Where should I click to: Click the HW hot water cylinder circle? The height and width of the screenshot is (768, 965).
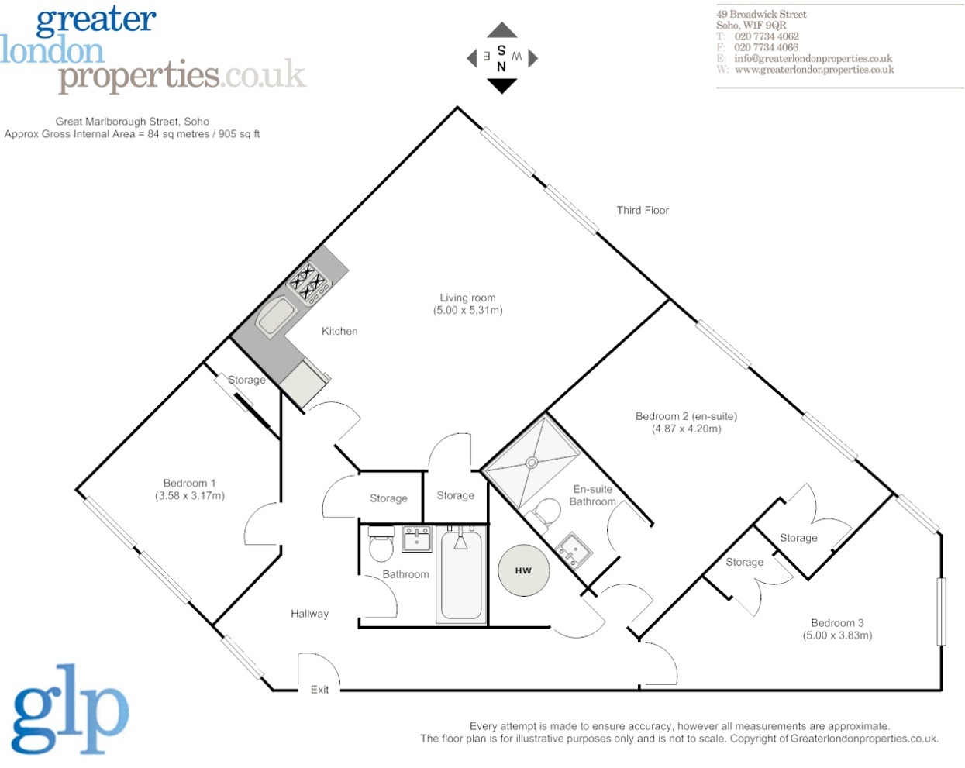tap(523, 571)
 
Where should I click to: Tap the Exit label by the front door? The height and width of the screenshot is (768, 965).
tap(319, 690)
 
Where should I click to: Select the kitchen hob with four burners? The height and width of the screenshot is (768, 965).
tap(308, 282)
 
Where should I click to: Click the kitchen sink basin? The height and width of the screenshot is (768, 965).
tap(276, 318)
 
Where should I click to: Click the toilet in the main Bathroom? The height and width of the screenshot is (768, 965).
tap(381, 546)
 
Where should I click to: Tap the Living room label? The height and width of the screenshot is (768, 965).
tap(467, 298)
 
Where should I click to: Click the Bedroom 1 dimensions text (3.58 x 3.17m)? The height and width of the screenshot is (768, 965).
tap(190, 496)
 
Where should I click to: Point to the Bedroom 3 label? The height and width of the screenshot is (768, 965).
tap(837, 623)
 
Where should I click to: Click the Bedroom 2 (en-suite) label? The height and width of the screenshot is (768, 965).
tap(686, 416)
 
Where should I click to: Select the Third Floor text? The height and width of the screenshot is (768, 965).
tap(643, 210)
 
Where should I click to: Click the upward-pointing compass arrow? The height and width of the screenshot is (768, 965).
tap(501, 31)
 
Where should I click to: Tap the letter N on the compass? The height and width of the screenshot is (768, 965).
tap(501, 67)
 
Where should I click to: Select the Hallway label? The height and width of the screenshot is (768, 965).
tap(309, 614)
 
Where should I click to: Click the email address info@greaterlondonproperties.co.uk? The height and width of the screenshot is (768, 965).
tap(813, 58)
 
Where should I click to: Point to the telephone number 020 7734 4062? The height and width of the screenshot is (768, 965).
tap(766, 36)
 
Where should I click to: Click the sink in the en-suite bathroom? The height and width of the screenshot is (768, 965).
tap(574, 550)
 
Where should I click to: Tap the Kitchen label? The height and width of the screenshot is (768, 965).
tap(339, 331)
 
